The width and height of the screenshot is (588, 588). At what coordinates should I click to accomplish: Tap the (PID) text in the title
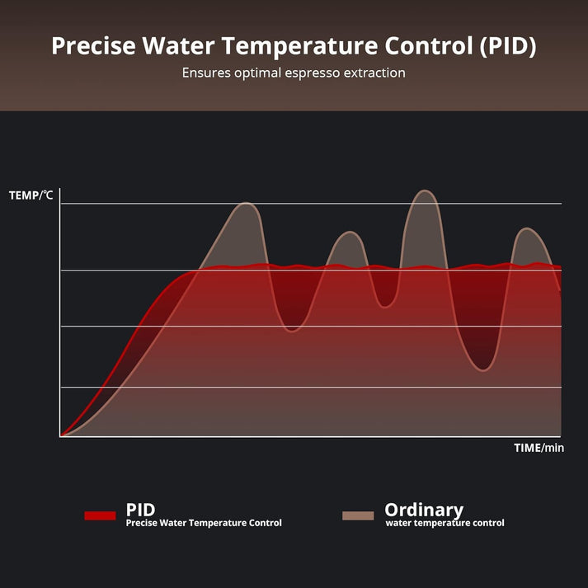504,46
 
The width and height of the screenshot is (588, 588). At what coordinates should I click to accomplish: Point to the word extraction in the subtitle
373,73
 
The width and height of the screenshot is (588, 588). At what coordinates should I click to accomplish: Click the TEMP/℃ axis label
31,195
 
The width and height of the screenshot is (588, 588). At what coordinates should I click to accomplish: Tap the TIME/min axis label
539,448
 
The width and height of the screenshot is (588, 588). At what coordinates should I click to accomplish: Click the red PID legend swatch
100,515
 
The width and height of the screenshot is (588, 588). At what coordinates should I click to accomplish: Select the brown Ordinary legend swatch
358,515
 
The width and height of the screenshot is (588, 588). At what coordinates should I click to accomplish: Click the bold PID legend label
140,510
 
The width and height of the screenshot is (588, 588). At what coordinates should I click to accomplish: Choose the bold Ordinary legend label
424,510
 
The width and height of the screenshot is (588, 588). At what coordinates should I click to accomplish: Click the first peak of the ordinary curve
246,203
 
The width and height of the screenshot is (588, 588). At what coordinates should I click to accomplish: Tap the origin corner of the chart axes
60,436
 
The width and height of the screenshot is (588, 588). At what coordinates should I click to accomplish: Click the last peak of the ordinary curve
527,228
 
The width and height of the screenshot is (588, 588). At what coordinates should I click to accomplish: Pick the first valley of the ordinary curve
293,330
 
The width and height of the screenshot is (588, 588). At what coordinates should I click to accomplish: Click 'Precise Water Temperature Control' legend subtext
204,523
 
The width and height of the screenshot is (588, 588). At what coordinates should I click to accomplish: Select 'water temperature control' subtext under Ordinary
445,523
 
